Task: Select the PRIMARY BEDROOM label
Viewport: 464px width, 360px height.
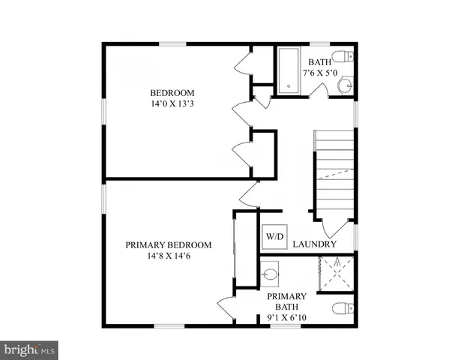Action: (169, 245)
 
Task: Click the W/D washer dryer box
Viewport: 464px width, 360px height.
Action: (274, 237)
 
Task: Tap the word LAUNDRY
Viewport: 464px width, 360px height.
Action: (314, 244)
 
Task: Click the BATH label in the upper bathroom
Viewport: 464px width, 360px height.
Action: (319, 63)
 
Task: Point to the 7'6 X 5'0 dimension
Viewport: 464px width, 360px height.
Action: (321, 73)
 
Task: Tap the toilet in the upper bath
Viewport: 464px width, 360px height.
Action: (346, 56)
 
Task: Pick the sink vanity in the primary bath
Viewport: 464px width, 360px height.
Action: (271, 271)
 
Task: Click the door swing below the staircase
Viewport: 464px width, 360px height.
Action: (330, 227)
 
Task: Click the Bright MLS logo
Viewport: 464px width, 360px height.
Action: (30, 349)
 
